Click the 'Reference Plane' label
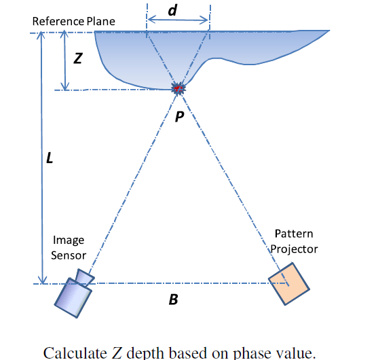[74, 21]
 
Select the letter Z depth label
[78, 59]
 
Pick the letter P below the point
[178, 116]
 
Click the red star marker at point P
[178, 88]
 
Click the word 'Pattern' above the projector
[295, 234]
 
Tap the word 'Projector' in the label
[295, 249]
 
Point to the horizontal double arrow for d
[177, 22]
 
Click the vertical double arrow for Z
[65, 60]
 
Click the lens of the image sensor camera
[84, 277]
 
